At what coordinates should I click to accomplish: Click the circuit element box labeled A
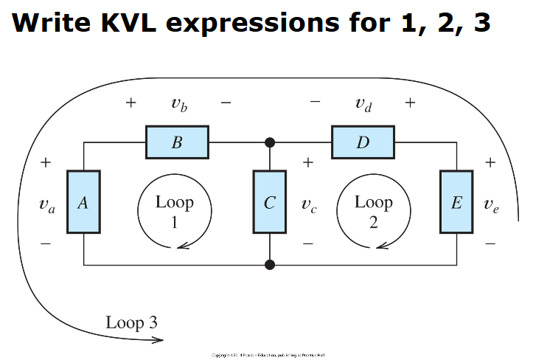point(83,201)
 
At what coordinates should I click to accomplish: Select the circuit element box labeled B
point(177,142)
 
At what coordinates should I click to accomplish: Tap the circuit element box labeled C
point(270,201)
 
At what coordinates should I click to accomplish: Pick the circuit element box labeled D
point(363,142)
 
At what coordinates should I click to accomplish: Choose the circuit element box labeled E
point(456,201)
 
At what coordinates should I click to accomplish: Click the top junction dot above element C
point(270,142)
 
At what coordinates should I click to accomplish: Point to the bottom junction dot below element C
point(270,263)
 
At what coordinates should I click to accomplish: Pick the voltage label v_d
point(363,104)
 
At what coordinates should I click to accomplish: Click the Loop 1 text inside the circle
point(175,211)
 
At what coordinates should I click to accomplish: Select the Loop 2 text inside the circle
point(374,211)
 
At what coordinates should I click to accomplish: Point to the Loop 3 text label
point(131,322)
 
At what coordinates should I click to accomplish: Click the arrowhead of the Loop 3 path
point(158,340)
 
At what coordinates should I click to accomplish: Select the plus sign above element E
point(491,162)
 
